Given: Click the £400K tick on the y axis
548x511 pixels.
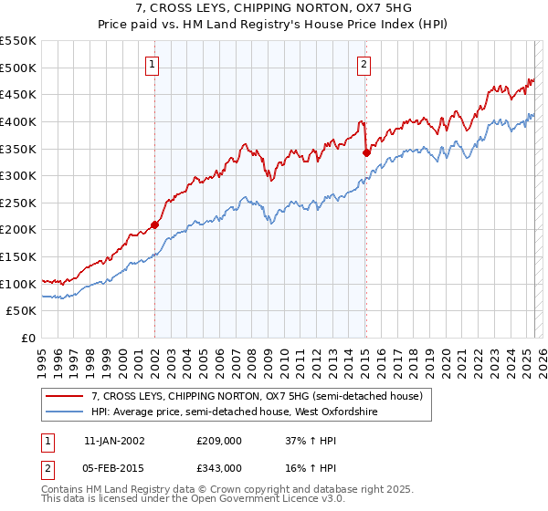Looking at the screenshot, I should point(18,121).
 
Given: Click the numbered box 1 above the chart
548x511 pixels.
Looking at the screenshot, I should point(152,64).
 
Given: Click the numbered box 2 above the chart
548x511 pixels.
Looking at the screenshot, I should point(364,64).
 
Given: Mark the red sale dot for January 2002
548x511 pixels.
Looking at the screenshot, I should point(154,224).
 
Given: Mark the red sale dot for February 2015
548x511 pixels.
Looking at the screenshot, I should point(366,152).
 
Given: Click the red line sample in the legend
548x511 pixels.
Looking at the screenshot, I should point(66,397).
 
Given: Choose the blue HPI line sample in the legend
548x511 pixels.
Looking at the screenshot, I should point(66,412).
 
